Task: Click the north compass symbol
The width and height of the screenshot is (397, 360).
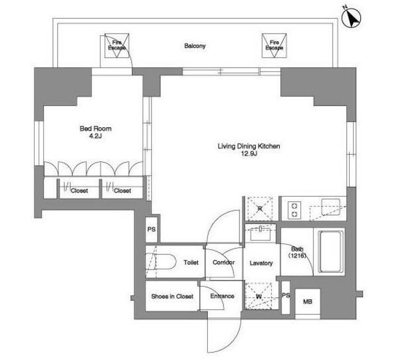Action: pyautogui.click(x=351, y=17)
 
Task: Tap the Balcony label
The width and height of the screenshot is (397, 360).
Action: pyautogui.click(x=195, y=46)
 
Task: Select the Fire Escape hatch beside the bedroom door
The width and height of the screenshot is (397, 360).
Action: pyautogui.click(x=117, y=45)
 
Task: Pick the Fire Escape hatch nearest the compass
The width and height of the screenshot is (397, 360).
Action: pyautogui.click(x=274, y=45)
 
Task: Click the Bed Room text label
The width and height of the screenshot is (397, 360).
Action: pyautogui.click(x=96, y=128)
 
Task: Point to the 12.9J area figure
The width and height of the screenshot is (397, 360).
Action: pyautogui.click(x=249, y=153)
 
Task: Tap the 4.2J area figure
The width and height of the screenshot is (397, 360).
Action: pyautogui.click(x=96, y=136)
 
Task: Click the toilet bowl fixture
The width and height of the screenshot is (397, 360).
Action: pyautogui.click(x=161, y=262)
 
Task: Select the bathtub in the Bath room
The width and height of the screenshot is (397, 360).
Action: pyautogui.click(x=331, y=251)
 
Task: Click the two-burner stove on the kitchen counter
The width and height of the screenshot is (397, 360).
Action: pyautogui.click(x=294, y=210)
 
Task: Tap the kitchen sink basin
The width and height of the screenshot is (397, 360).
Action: pyautogui.click(x=331, y=207)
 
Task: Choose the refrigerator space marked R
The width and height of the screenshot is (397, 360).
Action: pyautogui.click(x=260, y=209)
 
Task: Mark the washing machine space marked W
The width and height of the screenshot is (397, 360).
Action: pyautogui.click(x=259, y=296)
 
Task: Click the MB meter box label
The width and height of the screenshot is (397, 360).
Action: pyautogui.click(x=308, y=302)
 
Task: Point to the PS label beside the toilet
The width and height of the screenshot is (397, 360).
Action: pyautogui.click(x=151, y=229)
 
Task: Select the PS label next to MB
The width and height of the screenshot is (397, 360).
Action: pyautogui.click(x=286, y=295)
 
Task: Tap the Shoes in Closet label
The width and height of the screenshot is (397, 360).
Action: pyautogui.click(x=172, y=296)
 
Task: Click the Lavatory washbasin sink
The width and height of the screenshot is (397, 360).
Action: pyautogui.click(x=261, y=234)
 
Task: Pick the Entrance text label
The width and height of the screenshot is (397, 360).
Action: pyautogui.click(x=222, y=296)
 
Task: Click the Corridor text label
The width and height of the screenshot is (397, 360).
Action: pyautogui.click(x=223, y=262)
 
